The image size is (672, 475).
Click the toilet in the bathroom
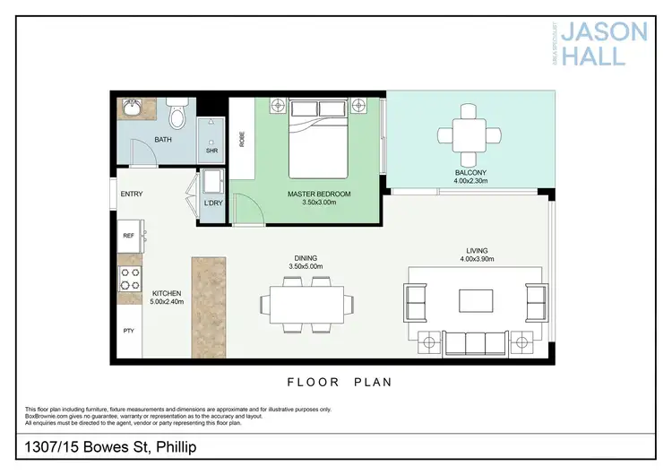[178, 114]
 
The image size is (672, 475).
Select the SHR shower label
[211, 151]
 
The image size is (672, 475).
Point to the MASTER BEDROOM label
[319, 194]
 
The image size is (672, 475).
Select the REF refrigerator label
[127, 236]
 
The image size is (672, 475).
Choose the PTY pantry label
[127, 331]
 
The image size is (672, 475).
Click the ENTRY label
[132, 194]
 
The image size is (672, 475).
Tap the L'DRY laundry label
[213, 204]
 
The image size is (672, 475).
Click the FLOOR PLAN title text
[340, 382]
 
